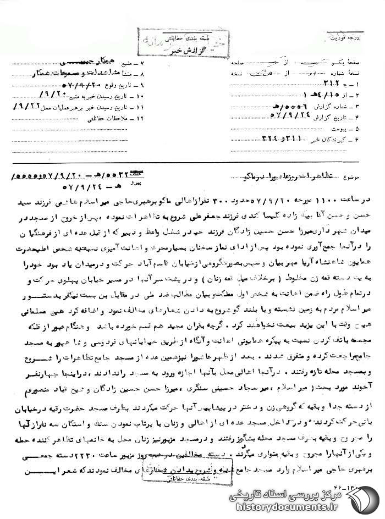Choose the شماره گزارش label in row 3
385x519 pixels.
(x=338, y=103)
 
